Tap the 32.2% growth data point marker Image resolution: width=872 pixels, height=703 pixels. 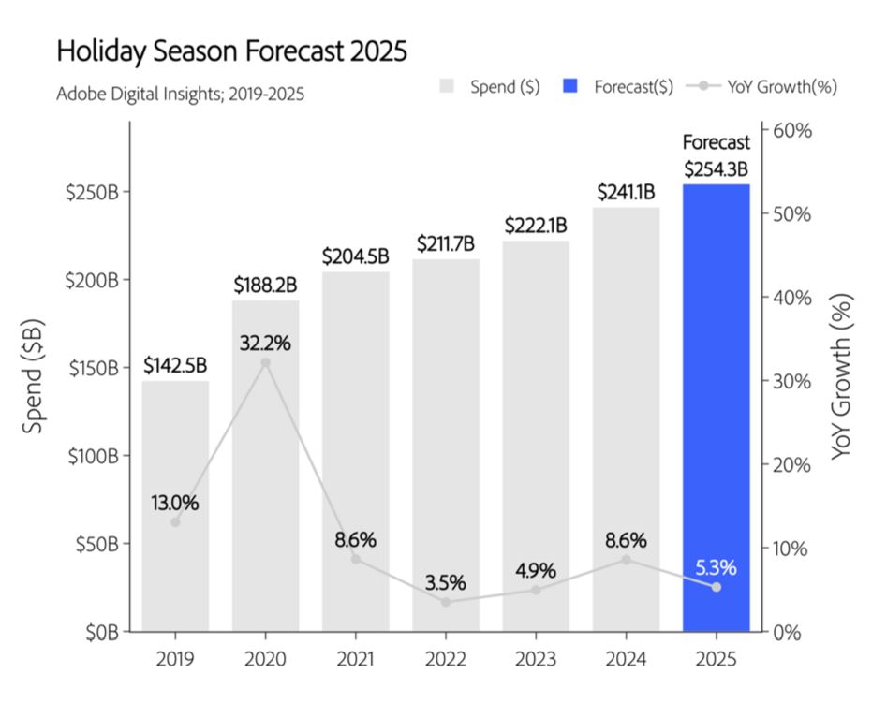pyautogui.click(x=265, y=362)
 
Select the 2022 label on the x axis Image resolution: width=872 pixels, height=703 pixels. pyautogui.click(x=446, y=659)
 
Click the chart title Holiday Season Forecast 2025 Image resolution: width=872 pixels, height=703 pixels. pyautogui.click(x=231, y=51)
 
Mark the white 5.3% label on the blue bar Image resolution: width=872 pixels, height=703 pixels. pyautogui.click(x=716, y=567)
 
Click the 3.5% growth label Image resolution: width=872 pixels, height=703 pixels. pyautogui.click(x=445, y=582)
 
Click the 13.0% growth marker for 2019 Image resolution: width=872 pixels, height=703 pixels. pyautogui.click(x=175, y=521)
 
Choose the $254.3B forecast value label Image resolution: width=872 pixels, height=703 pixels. pyautogui.click(x=716, y=169)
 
